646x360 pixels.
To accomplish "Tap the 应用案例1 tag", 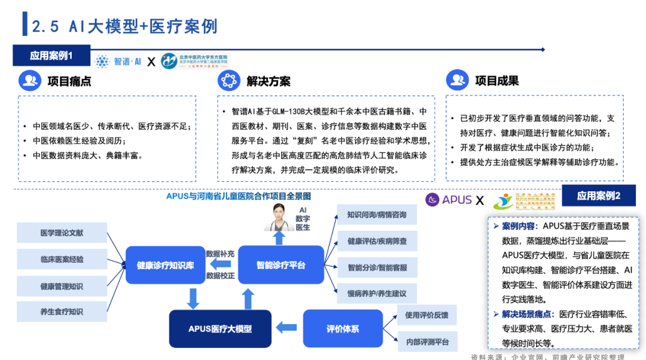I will (51, 56).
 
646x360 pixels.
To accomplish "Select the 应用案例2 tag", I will (599, 196).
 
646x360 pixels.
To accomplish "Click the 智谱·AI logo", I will (118, 61).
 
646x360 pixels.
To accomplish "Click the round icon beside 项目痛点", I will (29, 81).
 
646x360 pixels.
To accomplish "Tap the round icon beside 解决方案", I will (228, 81).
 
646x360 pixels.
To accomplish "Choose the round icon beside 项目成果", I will (457, 81).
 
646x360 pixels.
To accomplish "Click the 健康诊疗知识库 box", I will (166, 265).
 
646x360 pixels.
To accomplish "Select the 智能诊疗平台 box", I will (281, 265).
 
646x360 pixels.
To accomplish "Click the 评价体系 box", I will (343, 328).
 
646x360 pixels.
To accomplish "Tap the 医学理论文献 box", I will (62, 233).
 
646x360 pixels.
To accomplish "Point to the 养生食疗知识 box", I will (62, 312).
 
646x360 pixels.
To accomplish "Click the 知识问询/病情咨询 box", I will (377, 215).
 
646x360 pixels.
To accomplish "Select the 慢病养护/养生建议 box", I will (377, 293).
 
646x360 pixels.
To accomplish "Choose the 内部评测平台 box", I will (427, 342).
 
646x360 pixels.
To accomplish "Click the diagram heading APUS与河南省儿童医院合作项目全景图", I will (239, 196).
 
